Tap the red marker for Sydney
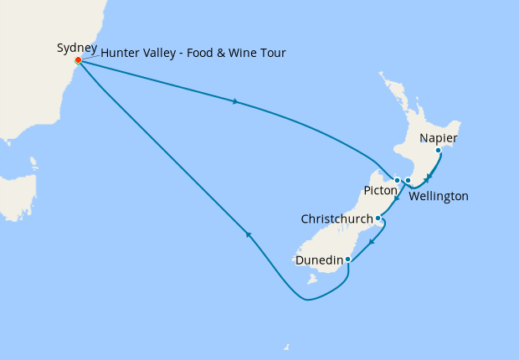[78, 60]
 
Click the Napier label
[439, 138]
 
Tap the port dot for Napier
[438, 151]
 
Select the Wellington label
[439, 196]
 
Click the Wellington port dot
[408, 180]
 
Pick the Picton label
[380, 191]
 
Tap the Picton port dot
[397, 180]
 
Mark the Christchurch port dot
[378, 219]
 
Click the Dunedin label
[319, 260]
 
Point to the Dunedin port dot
[348, 260]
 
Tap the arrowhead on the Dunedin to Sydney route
[248, 234]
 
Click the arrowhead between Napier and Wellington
[427, 177]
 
